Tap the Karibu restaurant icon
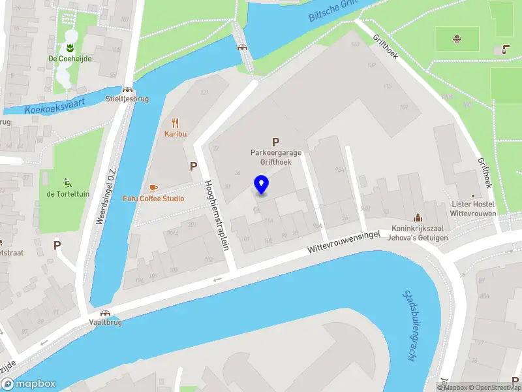(175, 122)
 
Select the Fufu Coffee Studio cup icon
(153, 188)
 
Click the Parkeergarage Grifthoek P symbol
(275, 142)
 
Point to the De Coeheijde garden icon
(69, 48)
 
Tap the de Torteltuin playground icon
(69, 182)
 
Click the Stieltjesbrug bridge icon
(127, 90)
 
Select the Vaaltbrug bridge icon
(104, 312)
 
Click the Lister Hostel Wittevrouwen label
(474, 208)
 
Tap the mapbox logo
(29, 384)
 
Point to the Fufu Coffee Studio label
(154, 199)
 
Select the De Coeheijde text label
(69, 59)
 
